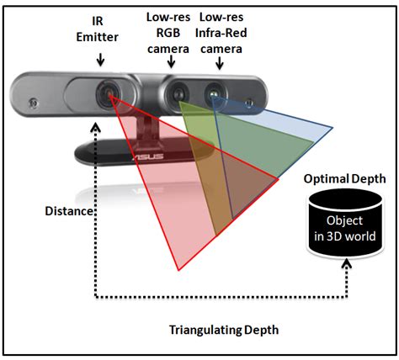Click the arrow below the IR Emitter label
101,60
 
